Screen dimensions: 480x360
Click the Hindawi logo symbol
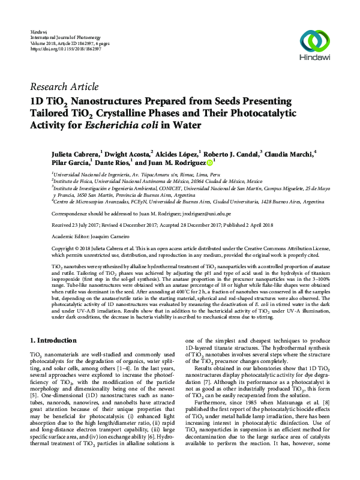coord(315,41)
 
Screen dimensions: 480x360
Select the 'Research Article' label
coord(64,87)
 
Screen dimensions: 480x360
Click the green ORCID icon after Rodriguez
coord(209,162)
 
